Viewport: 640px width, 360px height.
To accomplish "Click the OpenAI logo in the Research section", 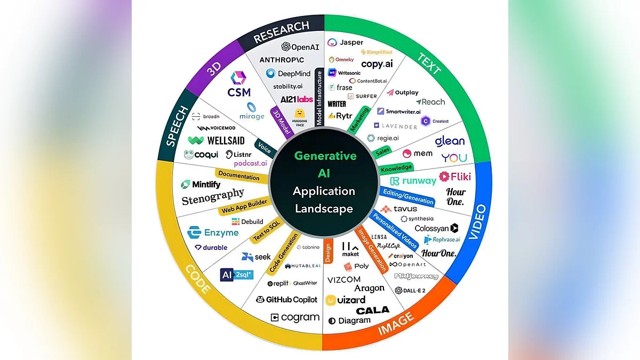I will click(x=300, y=47).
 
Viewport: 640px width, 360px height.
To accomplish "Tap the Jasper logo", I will click(x=345, y=43).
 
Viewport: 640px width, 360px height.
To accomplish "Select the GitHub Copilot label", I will click(x=287, y=300).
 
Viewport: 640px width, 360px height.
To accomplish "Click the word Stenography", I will click(x=213, y=197).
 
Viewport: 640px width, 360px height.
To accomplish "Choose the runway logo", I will click(x=413, y=181).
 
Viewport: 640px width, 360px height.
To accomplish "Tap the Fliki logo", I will click(x=454, y=176).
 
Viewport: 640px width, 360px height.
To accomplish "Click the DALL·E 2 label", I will click(x=410, y=291).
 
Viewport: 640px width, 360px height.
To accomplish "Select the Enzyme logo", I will click(x=213, y=233).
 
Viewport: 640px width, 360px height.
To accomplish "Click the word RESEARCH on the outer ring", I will click(x=281, y=32).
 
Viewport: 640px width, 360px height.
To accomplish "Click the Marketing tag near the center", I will click(x=359, y=119).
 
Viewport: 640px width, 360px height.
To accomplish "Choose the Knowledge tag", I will click(x=396, y=168).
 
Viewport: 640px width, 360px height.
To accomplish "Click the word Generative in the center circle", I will click(x=325, y=156).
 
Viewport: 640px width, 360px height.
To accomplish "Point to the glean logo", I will click(x=450, y=141).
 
